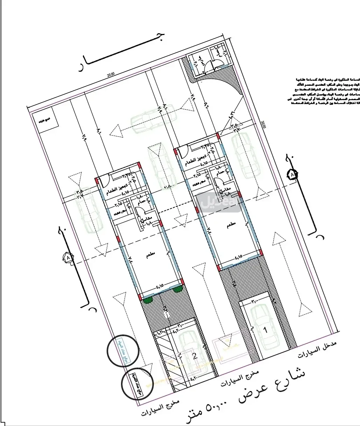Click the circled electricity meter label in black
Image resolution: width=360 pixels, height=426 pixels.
pyautogui.click(x=136, y=384)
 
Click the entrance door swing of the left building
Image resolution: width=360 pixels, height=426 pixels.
pyautogui.click(x=104, y=181)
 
